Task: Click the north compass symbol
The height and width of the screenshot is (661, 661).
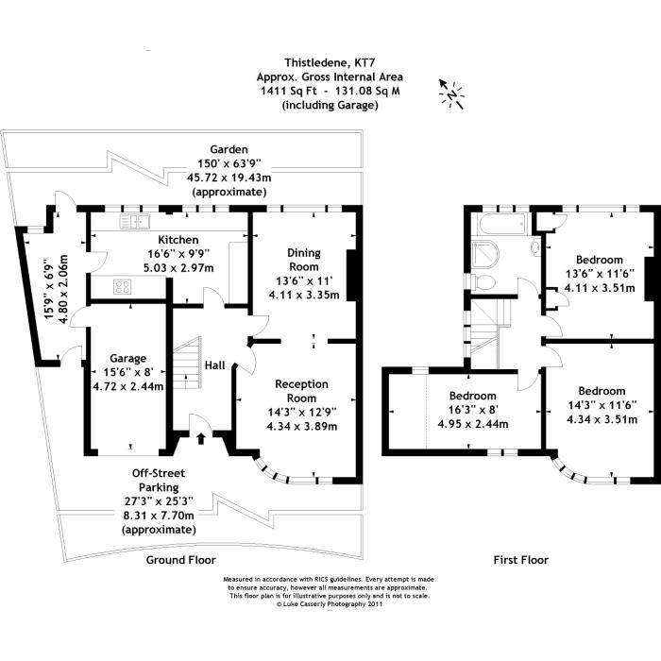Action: tap(451, 94)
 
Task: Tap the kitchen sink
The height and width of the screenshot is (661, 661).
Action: tap(134, 221)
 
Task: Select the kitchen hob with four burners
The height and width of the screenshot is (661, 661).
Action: tap(122, 287)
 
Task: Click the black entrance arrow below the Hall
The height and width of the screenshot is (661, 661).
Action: tap(201, 438)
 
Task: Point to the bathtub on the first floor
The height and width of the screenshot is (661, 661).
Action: tap(499, 224)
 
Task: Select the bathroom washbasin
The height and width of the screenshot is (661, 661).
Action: tap(535, 245)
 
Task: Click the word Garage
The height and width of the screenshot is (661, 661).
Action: tap(127, 359)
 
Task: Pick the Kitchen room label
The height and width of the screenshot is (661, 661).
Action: tap(178, 240)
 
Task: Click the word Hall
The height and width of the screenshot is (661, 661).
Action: tap(214, 365)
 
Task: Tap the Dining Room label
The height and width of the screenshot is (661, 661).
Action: tap(303, 260)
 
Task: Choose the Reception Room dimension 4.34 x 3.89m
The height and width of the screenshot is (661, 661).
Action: tap(302, 426)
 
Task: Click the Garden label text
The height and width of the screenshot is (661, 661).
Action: tap(229, 149)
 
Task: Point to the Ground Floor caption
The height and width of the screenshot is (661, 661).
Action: tap(181, 560)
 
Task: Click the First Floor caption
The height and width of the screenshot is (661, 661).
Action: tap(521, 560)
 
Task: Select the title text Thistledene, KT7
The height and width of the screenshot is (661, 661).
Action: tap(330, 63)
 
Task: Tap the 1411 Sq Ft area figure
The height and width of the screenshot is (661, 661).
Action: tap(289, 91)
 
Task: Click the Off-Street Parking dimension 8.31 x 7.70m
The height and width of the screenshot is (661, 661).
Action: tap(159, 516)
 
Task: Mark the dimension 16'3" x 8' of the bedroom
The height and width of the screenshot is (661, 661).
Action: tap(472, 409)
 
